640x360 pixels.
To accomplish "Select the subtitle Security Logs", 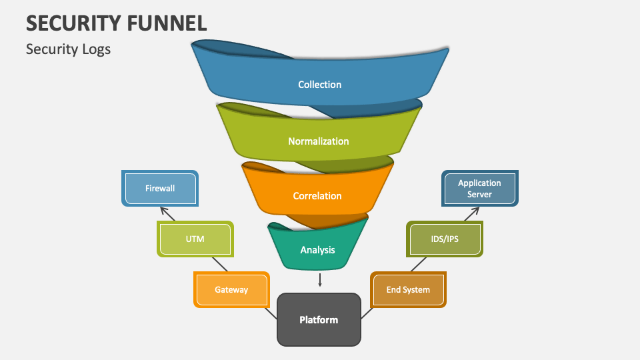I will (x=68, y=49).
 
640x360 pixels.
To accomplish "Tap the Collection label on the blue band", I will (x=319, y=85).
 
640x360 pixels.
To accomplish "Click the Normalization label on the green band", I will (x=318, y=141).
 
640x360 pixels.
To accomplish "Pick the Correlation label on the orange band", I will (x=317, y=196).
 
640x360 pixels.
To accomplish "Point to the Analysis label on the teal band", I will (x=317, y=250).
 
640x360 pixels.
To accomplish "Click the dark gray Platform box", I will (x=319, y=320).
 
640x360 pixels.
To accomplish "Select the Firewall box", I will (x=160, y=188).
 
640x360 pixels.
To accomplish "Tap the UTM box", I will (x=195, y=239).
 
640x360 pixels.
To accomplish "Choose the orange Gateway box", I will (x=231, y=290).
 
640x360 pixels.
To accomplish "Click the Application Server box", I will (x=479, y=188).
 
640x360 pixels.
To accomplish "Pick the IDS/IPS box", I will (x=444, y=239).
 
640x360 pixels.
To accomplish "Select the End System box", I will (x=408, y=290).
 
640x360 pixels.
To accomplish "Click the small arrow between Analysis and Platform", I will (x=320, y=279).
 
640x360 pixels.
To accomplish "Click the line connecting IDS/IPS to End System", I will (x=418, y=264).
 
